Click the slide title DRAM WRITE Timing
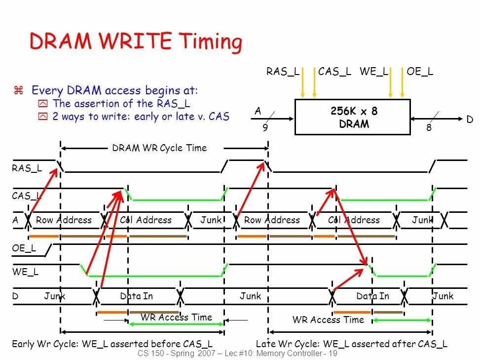point(136,41)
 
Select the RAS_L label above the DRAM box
point(283,72)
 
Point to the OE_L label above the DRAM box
point(420,72)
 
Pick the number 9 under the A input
point(265,127)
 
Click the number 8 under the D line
point(429,127)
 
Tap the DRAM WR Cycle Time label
point(159,148)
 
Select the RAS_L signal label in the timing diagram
point(27,168)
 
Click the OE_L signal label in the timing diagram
point(24,248)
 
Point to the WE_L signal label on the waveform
point(25,272)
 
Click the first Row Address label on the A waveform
point(64,220)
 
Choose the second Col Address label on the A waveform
point(354,220)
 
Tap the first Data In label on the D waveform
point(137,296)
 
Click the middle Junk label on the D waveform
point(251,296)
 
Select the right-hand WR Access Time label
point(328,320)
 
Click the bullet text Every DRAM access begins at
point(114,90)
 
